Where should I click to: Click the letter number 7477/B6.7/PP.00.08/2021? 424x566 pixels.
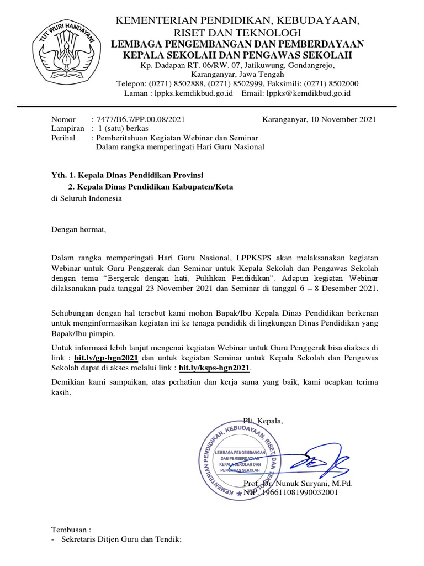pos(140,119)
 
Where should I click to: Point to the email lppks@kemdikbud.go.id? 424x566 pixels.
pos(309,93)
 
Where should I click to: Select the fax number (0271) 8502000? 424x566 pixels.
pos(336,83)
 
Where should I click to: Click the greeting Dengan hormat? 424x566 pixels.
pos(78,229)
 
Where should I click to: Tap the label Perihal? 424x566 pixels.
pos(63,138)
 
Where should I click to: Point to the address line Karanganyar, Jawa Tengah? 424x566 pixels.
pos(237,74)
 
